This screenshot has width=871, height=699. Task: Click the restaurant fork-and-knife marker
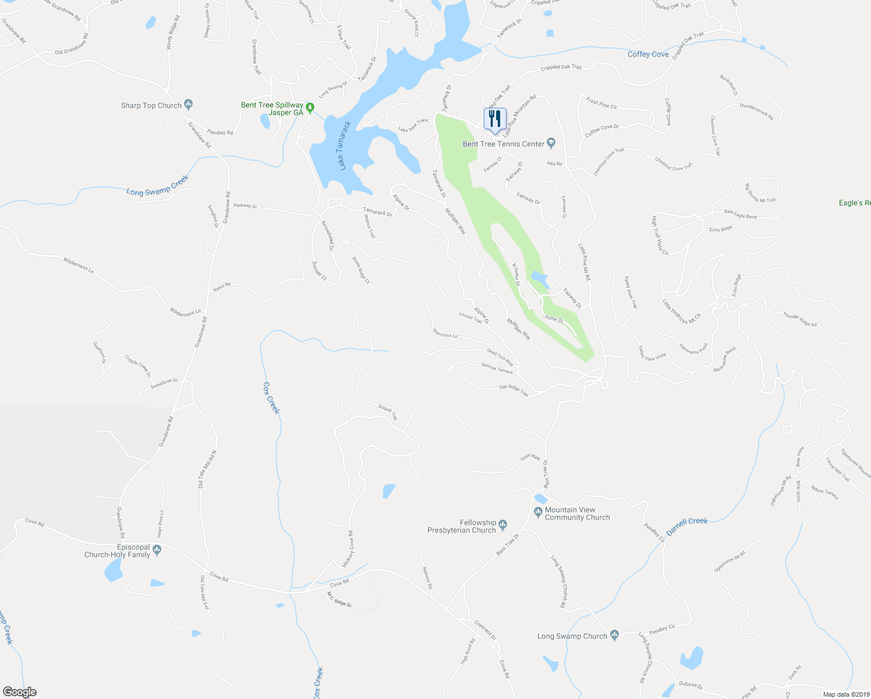click(494, 118)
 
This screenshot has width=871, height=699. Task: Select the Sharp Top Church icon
click(188, 105)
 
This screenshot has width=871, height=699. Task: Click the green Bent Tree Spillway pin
click(310, 108)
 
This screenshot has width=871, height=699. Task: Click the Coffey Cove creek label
click(647, 54)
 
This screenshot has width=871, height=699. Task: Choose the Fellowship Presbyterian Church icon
click(503, 523)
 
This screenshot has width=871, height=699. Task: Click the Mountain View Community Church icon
click(538, 512)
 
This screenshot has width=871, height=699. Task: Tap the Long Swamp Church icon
click(614, 636)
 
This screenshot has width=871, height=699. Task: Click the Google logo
click(19, 692)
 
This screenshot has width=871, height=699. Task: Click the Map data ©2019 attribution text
click(845, 694)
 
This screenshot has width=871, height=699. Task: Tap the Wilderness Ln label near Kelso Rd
click(185, 313)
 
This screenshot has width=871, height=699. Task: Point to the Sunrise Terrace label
click(497, 369)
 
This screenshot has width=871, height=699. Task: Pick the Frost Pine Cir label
click(601, 104)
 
